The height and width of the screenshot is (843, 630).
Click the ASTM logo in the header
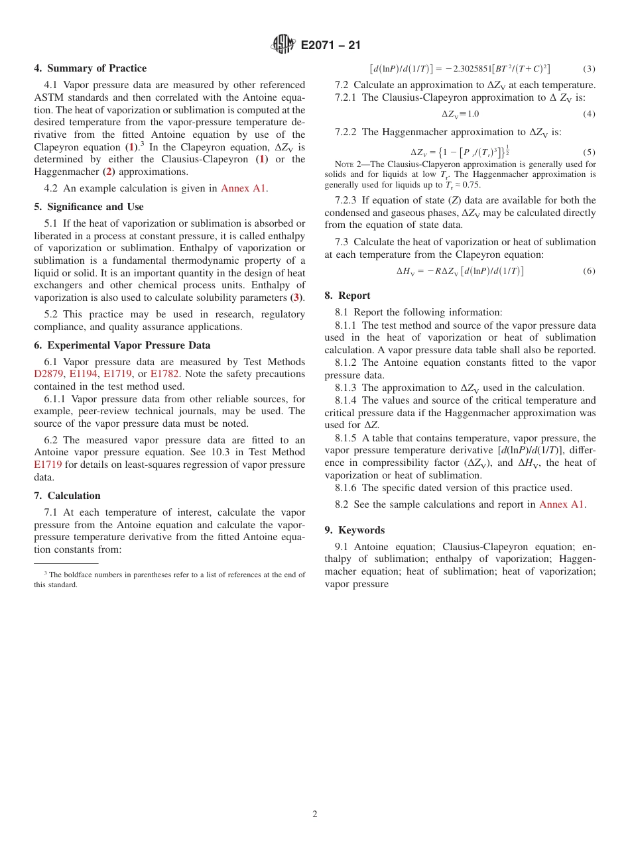[284, 44]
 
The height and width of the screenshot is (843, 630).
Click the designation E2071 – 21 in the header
[331, 45]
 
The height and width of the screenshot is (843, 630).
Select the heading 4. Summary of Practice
[90, 68]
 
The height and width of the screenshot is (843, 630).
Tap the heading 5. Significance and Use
[88, 207]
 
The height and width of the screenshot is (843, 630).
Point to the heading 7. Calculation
[67, 496]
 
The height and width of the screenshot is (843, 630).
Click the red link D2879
[48, 374]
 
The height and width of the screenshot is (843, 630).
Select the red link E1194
[83, 374]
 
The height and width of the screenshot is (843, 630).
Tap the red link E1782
[164, 374]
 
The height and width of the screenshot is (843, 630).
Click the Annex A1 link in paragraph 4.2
[243, 188]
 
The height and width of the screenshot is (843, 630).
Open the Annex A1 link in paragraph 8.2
[561, 504]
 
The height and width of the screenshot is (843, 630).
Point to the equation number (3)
[589, 69]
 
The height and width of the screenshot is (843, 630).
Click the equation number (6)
[589, 271]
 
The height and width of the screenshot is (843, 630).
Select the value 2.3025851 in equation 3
[472, 69]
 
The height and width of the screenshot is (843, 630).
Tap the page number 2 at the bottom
[315, 815]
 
